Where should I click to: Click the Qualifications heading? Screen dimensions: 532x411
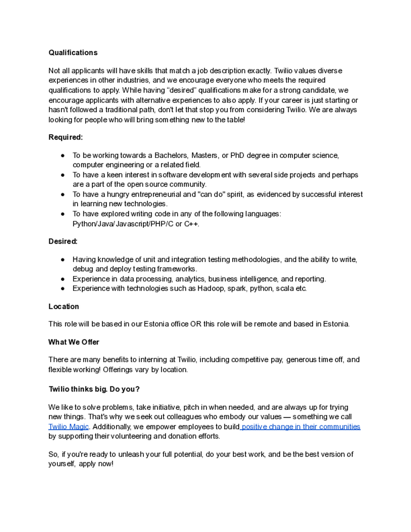pos(73,53)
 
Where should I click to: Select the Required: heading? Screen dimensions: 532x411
pos(66,137)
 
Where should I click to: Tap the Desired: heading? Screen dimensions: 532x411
pos(63,242)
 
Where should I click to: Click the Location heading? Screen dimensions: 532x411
pos(63,307)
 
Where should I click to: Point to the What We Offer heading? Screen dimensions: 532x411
pos(74,342)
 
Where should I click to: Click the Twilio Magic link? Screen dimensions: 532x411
pos(68,427)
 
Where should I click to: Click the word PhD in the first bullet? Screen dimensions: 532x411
pos(237,155)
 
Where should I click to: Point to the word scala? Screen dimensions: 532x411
pos(285,289)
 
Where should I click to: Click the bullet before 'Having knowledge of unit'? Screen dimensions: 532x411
pos(63,260)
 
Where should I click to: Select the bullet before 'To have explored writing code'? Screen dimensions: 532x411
pos(63,214)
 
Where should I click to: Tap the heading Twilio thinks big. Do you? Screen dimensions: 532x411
pos(94,389)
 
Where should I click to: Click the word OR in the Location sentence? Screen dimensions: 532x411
pos(196,324)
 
